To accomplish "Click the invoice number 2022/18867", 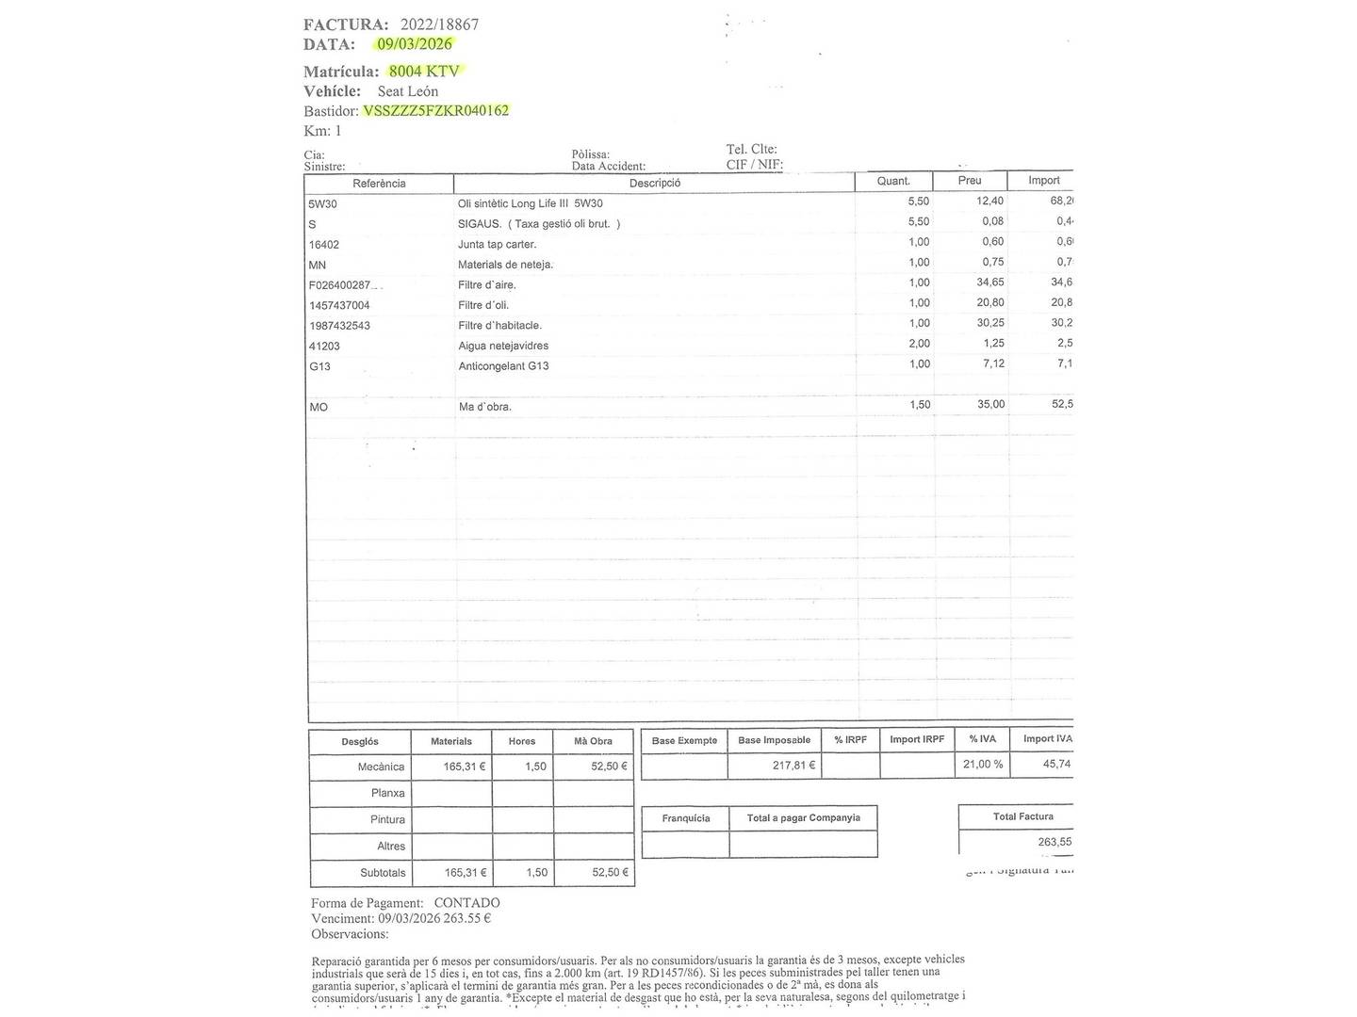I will [439, 24].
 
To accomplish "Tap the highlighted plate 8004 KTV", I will [424, 71].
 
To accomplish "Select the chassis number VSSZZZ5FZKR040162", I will [436, 110].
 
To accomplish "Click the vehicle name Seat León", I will [408, 91].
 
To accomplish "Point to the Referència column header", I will [379, 184].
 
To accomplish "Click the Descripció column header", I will [655, 183].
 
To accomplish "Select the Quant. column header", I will [893, 181].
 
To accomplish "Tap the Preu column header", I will [970, 181].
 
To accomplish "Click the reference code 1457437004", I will [339, 305].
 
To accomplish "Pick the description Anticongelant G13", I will [503, 366].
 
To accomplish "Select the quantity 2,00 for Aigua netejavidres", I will [918, 344].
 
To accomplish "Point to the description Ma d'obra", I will [484, 407].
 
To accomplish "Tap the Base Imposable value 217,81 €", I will [793, 766].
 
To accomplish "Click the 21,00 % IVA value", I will [983, 765].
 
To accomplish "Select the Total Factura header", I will [1022, 816].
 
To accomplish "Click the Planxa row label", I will [387, 793].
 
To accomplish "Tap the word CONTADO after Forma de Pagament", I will [466, 903].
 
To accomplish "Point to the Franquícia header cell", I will [686, 818].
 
